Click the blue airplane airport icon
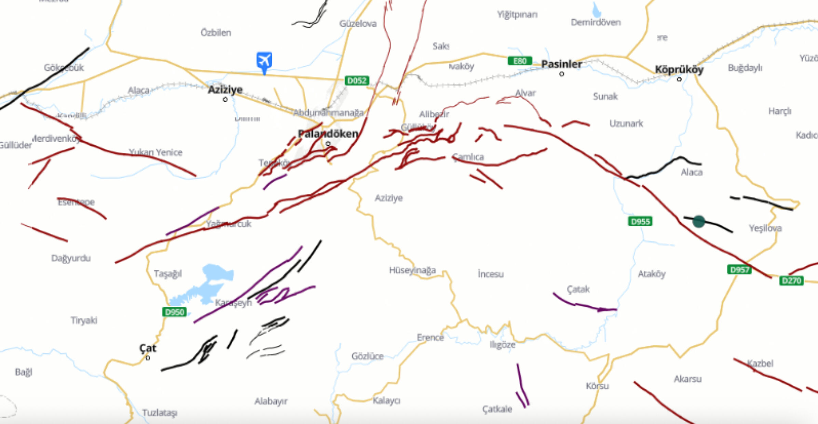tap(264, 61)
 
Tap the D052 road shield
tap(357, 81)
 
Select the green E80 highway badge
tap(520, 61)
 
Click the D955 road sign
tap(640, 222)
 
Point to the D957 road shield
tap(739, 270)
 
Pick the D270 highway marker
tap(791, 281)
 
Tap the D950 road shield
tap(174, 312)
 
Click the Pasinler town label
tap(561, 64)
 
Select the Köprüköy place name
tap(679, 70)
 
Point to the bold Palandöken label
tap(328, 134)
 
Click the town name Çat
tap(148, 348)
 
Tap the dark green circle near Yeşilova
tap(698, 221)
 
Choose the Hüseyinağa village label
tap(412, 270)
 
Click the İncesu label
tap(490, 274)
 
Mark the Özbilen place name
tap(216, 33)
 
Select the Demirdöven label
tap(596, 23)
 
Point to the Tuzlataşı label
tap(160, 413)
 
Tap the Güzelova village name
tap(358, 24)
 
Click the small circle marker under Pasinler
tap(561, 74)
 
